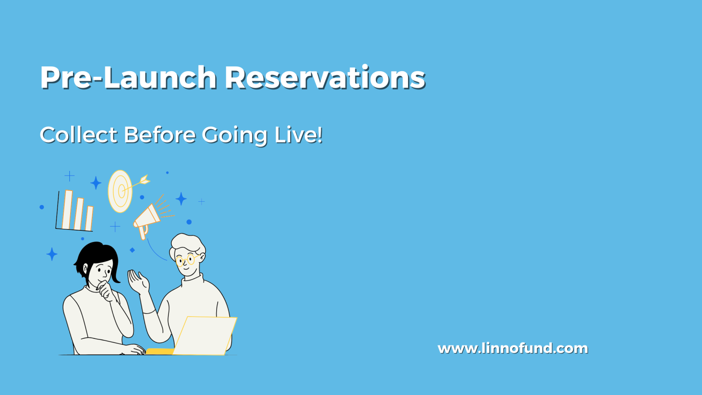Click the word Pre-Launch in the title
tap(129, 77)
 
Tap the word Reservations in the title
tap(325, 77)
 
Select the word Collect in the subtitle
tap(78, 135)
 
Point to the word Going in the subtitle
tap(235, 136)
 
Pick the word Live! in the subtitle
tap(299, 135)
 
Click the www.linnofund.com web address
tap(513, 348)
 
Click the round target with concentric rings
tap(120, 191)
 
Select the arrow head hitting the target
tap(145, 180)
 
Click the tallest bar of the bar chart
tap(67, 209)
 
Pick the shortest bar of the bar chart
tap(89, 219)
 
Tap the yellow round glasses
tap(186, 260)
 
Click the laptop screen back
tap(205, 336)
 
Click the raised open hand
tap(138, 282)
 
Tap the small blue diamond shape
tap(132, 250)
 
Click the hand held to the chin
tap(106, 291)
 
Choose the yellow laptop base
tap(160, 351)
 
